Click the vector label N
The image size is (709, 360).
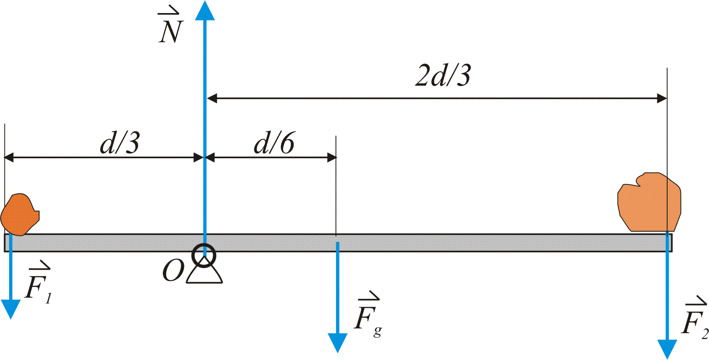tap(171, 29)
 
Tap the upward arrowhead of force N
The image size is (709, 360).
tap(205, 11)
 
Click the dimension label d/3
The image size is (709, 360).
tap(120, 143)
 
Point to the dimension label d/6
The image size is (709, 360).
tap(274, 143)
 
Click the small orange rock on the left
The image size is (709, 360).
tap(19, 214)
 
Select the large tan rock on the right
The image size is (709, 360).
tap(649, 202)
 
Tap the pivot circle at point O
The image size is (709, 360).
tap(204, 255)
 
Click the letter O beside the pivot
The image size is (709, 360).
tap(173, 271)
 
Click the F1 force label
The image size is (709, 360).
tap(38, 284)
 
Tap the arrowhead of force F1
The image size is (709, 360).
tap(11, 308)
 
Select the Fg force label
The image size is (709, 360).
tap(367, 316)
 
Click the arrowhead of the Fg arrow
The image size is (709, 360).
tap(338, 342)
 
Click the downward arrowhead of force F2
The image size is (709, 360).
tap(667, 349)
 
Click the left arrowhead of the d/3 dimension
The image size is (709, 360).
tap(9, 157)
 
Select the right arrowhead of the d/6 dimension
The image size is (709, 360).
tap(332, 157)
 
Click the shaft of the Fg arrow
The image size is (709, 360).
tap(338, 288)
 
